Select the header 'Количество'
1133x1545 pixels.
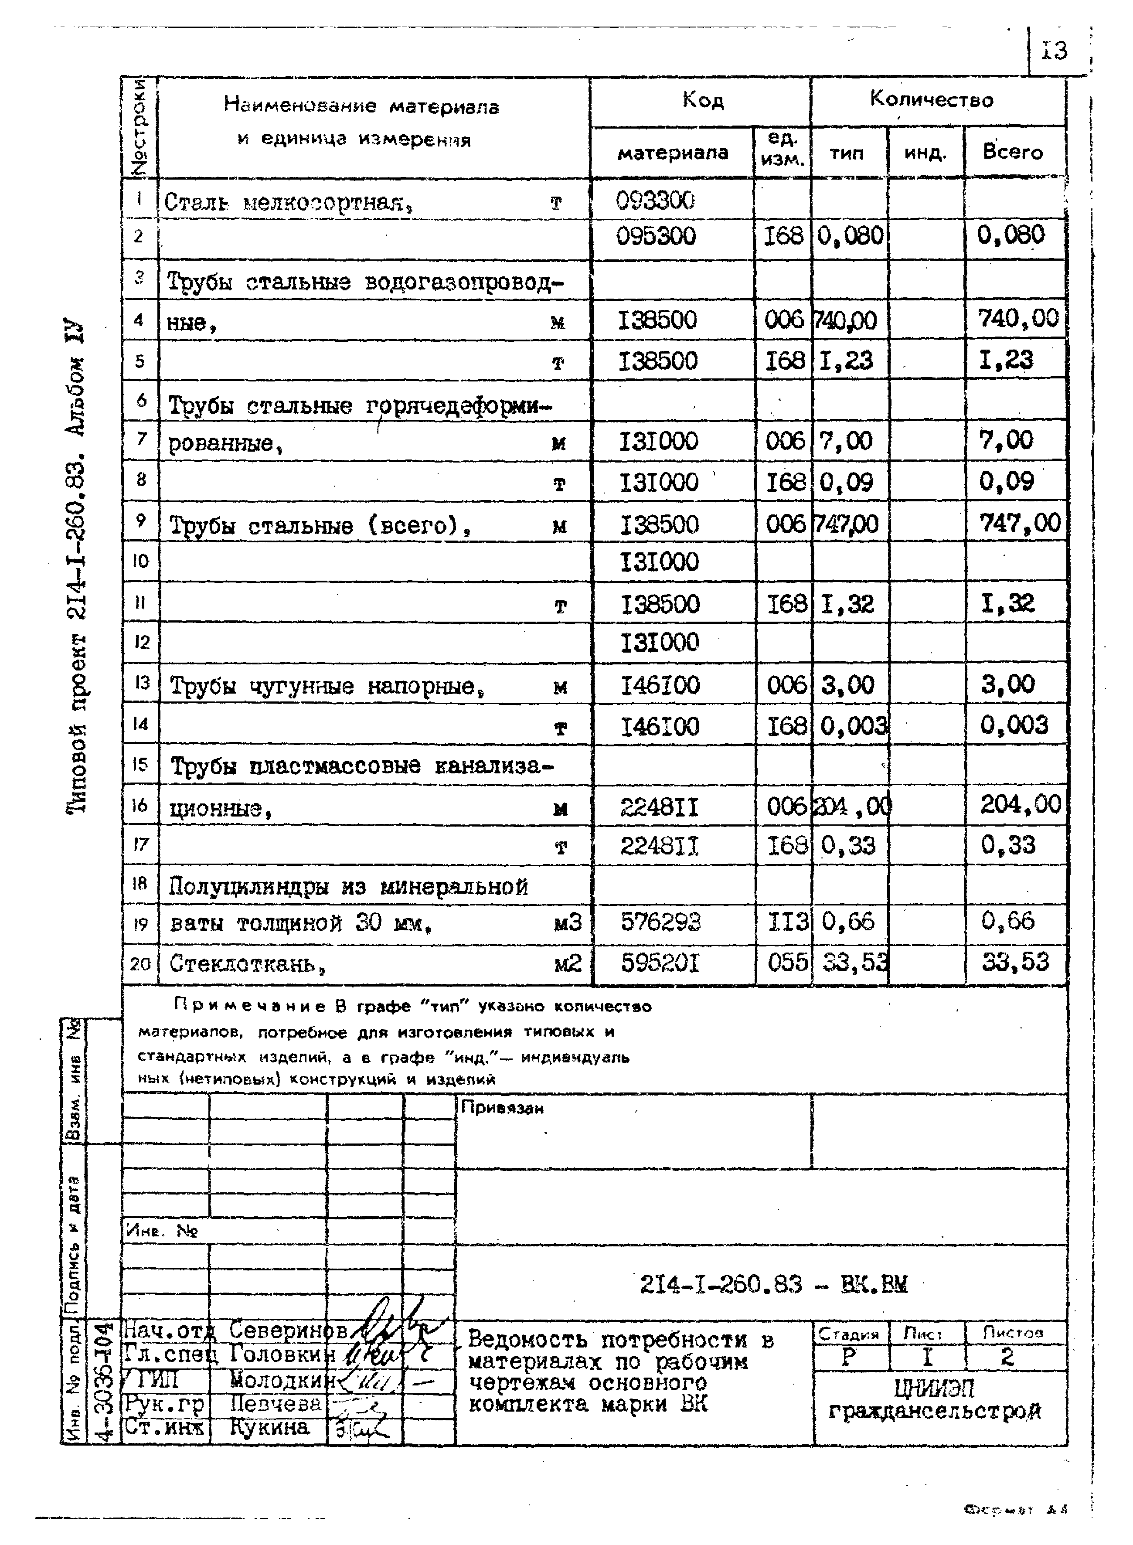931,100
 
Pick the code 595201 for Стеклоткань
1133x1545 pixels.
660,963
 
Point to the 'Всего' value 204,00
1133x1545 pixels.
1020,804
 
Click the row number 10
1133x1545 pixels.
141,562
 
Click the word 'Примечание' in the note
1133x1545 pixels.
250,1007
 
